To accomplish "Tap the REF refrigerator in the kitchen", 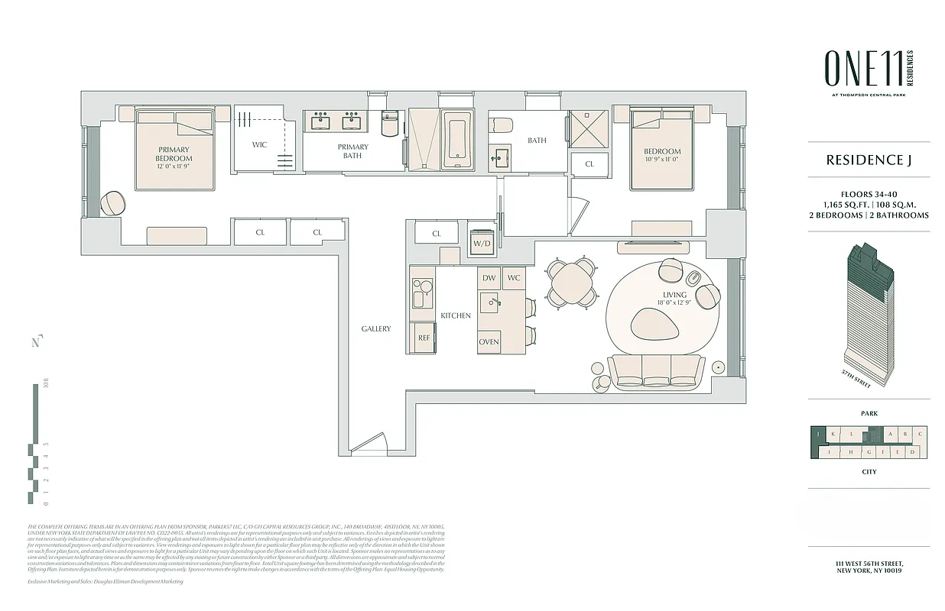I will [x=423, y=337].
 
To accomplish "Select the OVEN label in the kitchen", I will [x=489, y=341].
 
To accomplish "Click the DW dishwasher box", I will [x=489, y=278].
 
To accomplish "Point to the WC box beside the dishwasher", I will [x=513, y=278].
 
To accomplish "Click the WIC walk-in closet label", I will [x=260, y=144].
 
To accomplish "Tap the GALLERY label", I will [x=375, y=329].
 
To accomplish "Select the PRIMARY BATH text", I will [x=352, y=151].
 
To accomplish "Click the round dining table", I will [x=572, y=282].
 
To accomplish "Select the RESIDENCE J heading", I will [x=869, y=160].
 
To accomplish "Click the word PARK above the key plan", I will [x=869, y=414].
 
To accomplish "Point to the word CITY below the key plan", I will [x=869, y=472].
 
